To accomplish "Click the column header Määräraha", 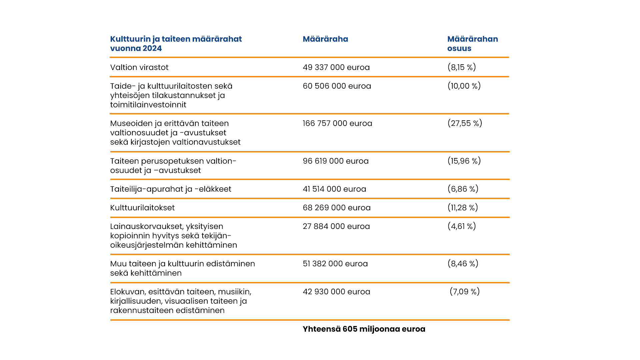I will tap(325, 39).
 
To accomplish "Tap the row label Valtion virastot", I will tap(139, 67).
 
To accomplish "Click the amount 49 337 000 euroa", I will tap(336, 67).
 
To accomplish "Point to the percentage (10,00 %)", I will tap(464, 86).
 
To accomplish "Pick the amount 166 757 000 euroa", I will tap(337, 123).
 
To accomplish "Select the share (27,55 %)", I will tap(464, 123).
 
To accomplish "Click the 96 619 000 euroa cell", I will tap(335, 161).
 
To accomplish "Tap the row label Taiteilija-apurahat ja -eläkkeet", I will tap(171, 189).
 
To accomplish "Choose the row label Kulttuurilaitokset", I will tap(142, 208).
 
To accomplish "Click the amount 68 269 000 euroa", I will tap(336, 208).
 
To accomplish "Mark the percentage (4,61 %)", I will tap(461, 226).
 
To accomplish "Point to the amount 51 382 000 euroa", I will tap(335, 264).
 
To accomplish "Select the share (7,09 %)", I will tap(464, 292).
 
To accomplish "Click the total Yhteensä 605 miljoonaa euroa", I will tap(364, 329).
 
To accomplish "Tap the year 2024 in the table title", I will tap(152, 48).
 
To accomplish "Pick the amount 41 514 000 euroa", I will tap(334, 189).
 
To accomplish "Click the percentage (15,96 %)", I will tap(464, 161).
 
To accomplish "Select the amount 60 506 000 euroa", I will tap(337, 86).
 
